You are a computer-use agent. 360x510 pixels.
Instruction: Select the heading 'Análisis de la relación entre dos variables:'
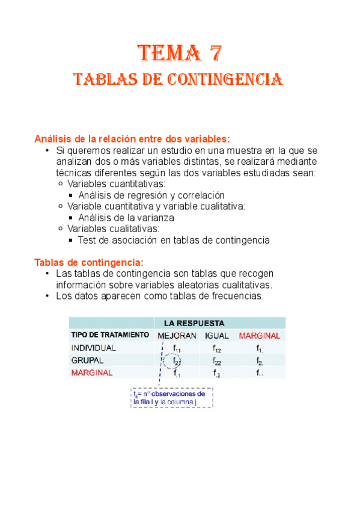(132, 139)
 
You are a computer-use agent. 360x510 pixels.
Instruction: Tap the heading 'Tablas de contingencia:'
(89, 262)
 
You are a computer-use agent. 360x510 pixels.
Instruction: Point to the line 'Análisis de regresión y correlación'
(151, 195)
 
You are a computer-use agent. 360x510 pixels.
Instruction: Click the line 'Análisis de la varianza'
(126, 218)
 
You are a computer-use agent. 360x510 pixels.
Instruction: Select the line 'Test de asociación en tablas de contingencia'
(174, 240)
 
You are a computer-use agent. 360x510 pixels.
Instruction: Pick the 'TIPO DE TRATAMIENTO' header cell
(110, 335)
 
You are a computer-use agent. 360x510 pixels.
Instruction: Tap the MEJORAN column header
(177, 336)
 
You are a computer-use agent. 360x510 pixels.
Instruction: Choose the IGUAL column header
(217, 336)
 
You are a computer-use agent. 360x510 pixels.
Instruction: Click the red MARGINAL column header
(259, 336)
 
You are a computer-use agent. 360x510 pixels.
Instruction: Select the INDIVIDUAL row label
(94, 348)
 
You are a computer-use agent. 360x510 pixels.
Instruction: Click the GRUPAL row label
(88, 360)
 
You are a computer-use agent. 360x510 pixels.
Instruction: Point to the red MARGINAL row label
(92, 373)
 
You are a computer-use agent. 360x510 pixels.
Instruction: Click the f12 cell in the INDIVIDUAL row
(217, 348)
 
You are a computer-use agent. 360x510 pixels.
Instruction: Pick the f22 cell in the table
(217, 361)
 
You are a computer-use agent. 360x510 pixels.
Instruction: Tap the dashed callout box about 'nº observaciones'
(171, 398)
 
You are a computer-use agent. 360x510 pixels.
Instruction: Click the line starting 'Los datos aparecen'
(159, 296)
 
